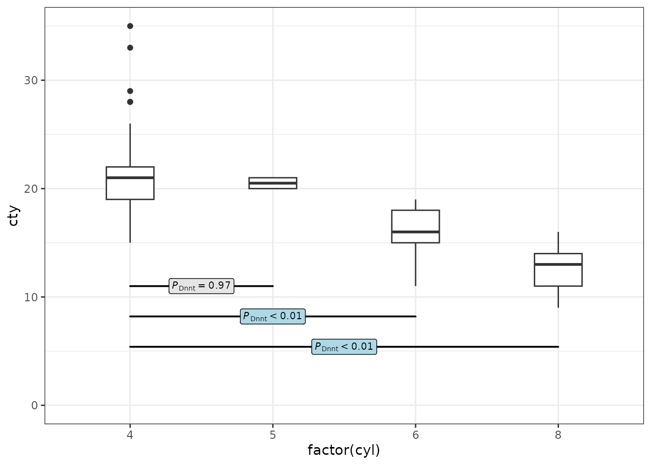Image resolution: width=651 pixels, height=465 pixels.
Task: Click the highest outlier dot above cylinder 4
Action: pos(130,26)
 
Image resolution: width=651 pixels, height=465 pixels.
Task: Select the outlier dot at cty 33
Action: pos(130,47)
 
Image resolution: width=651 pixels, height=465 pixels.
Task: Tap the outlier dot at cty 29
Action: pos(130,91)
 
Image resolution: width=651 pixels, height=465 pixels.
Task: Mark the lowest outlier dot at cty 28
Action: pos(130,102)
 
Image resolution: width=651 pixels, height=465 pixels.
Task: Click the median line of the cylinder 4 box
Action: pos(130,178)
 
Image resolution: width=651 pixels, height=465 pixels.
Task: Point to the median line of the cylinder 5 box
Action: pos(273,183)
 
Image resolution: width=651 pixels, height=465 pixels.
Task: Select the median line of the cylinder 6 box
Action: pos(416,232)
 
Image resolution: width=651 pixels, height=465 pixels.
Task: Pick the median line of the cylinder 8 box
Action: pos(558,264)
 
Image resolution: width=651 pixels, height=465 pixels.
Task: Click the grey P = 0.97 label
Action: pos(201,286)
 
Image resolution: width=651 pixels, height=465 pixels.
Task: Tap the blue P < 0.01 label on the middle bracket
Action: pos(273,316)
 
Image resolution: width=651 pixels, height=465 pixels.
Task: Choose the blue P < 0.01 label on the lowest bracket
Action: pos(344,347)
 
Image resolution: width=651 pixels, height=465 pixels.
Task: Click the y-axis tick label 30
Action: pos(31,80)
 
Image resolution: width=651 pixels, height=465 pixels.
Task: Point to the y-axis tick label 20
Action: pos(31,189)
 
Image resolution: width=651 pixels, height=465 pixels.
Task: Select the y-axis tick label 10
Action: pos(31,297)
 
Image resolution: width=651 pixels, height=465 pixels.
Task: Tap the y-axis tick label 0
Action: pos(34,405)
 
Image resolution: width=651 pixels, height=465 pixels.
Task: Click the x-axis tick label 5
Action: pos(273,435)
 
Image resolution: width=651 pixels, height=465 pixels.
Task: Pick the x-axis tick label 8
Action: pos(558,435)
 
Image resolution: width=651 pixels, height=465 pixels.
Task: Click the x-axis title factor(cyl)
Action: pos(344,450)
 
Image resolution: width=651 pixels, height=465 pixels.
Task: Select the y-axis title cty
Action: pos(14,216)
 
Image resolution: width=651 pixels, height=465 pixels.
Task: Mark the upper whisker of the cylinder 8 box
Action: pos(558,243)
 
